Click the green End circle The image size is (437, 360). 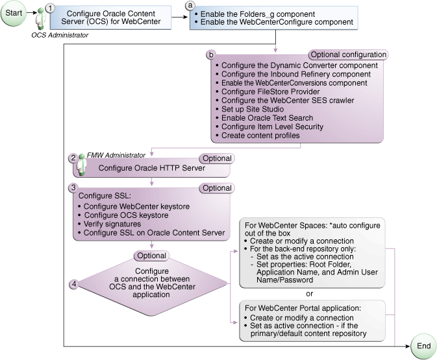tap(423, 346)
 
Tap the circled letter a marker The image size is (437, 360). tap(190, 5)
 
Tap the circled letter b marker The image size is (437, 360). tap(210, 55)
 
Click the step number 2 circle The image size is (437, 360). tap(73, 158)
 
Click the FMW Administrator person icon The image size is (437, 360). tap(82, 165)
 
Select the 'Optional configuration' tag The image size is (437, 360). tap(349, 54)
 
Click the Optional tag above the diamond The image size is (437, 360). tap(151, 256)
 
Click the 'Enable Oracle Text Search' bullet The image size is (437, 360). tap(267, 118)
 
